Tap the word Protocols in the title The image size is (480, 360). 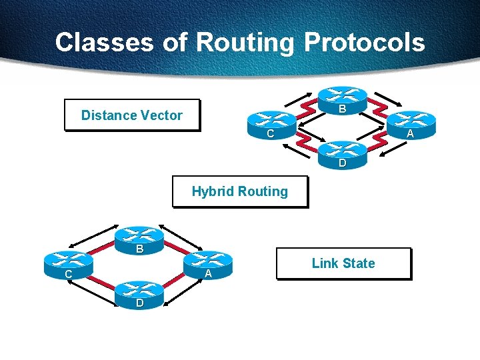click(x=364, y=42)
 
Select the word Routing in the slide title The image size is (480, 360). click(x=245, y=42)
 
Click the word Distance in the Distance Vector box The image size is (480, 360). click(x=105, y=115)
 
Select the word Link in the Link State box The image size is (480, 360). click(x=325, y=263)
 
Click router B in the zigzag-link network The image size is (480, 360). click(x=342, y=100)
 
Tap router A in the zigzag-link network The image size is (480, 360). click(x=412, y=123)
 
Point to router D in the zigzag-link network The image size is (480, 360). click(x=342, y=152)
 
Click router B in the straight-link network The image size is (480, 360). click(x=139, y=239)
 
